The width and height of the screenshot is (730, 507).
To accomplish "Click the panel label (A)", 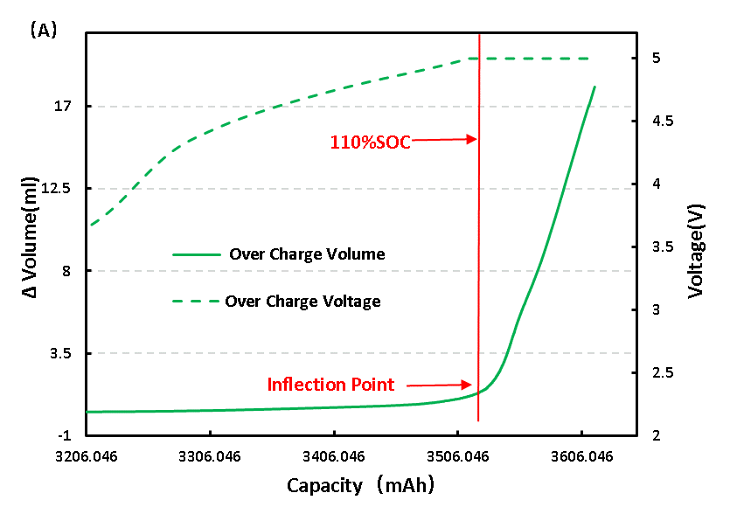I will tap(43, 31).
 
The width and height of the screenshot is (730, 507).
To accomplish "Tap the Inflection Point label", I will tap(330, 385).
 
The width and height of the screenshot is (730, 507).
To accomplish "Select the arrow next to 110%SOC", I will tap(443, 139).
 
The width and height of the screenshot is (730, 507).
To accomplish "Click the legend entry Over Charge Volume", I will tap(306, 254).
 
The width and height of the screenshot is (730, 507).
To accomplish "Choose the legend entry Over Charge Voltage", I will tap(302, 302).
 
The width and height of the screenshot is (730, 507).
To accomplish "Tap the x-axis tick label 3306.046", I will tap(210, 455).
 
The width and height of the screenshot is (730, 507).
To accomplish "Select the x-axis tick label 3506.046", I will tap(457, 455).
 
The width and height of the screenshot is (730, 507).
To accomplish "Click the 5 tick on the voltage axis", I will tap(653, 59).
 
